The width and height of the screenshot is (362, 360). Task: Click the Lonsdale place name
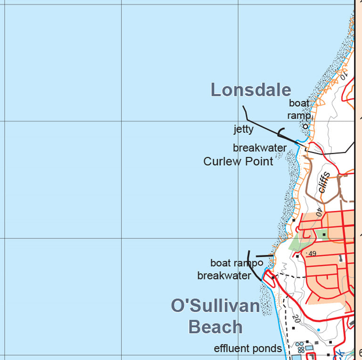250,90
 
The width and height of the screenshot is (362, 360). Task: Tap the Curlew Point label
238,161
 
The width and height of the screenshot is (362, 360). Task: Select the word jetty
243,129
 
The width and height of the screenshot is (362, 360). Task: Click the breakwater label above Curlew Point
259,148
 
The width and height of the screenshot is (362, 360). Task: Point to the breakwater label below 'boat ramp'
224,276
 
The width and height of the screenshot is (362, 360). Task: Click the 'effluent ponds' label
247,349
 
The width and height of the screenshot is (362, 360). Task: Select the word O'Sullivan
215,306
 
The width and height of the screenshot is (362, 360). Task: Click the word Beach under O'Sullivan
215,327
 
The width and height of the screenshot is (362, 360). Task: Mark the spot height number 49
312,254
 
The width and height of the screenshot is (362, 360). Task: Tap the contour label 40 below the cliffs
319,212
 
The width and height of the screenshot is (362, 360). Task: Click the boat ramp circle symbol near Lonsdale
305,126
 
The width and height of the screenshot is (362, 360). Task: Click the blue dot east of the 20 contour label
318,330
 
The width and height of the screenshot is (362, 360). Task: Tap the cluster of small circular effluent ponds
299,347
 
